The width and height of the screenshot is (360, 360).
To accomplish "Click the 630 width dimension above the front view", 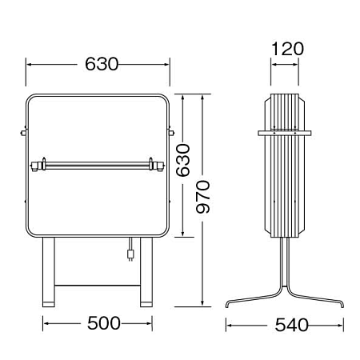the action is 102,64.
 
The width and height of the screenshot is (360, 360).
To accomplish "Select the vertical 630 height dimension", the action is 183,160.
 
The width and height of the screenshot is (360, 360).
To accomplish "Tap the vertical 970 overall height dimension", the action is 202,197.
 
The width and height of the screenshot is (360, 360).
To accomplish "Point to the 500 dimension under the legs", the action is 104,323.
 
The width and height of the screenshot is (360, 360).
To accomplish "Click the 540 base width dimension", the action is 291,325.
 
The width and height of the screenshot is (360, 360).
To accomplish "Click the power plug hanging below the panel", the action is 130,254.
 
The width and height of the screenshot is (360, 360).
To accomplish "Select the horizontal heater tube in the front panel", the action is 98,166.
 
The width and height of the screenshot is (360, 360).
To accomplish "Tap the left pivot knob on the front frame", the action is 23,132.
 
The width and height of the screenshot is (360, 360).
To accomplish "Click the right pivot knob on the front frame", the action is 171,132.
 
